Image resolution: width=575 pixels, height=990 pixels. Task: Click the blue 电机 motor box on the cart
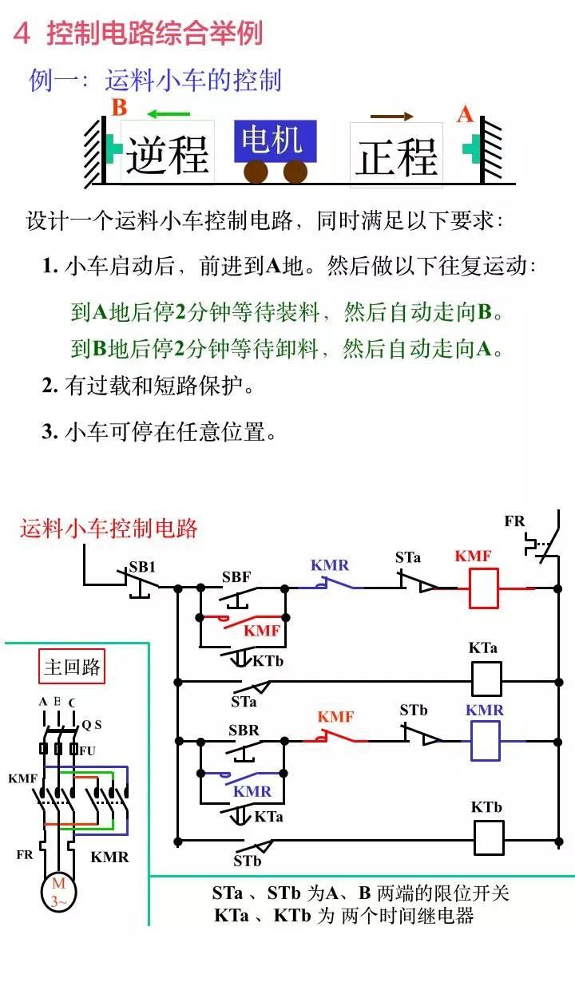[275, 141]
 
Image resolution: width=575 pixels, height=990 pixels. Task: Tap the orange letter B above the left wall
[119, 108]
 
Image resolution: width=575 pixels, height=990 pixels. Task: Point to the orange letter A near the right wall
[465, 115]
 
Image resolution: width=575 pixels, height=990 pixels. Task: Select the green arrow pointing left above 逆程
[169, 113]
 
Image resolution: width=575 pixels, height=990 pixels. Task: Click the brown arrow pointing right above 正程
[392, 117]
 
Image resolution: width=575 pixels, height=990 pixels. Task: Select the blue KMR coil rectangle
[486, 740]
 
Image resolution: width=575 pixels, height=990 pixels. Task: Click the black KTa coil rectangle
[486, 679]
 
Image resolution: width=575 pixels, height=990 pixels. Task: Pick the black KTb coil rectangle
[489, 838]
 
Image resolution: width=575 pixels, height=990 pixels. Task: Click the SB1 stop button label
[142, 568]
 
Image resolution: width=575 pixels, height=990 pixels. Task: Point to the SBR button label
[244, 730]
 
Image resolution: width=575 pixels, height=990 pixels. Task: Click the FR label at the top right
[515, 521]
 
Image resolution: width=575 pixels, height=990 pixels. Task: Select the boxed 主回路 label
[73, 667]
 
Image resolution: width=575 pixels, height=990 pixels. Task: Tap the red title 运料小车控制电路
[109, 528]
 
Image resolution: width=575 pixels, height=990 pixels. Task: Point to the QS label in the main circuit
[92, 725]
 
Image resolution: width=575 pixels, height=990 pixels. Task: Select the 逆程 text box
[167, 152]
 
